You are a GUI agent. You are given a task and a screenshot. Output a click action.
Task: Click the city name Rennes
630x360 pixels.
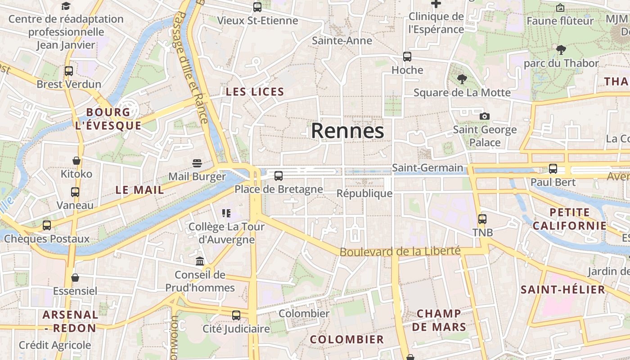(x=347, y=131)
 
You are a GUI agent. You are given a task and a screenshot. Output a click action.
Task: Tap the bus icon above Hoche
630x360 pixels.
(x=407, y=57)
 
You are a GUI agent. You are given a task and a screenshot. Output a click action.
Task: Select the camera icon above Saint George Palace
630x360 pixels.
(x=485, y=116)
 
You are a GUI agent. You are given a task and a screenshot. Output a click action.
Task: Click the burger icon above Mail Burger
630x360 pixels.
(x=197, y=163)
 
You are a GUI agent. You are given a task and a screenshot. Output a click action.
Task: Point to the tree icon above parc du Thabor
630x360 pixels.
(x=561, y=49)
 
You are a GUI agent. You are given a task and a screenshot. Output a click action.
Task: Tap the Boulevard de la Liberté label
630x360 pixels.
(x=400, y=251)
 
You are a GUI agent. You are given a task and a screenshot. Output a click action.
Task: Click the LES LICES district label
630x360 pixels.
(x=255, y=92)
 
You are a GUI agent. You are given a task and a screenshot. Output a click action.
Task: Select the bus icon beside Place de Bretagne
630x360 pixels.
(x=279, y=176)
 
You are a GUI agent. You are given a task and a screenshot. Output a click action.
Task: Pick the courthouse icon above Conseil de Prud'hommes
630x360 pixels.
(x=200, y=261)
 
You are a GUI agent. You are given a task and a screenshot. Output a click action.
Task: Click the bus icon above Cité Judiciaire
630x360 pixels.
(x=236, y=315)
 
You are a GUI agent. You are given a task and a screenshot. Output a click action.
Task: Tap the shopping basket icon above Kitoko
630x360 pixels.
(x=76, y=161)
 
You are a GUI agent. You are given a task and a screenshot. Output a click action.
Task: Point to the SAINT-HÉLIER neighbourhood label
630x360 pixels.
(x=563, y=289)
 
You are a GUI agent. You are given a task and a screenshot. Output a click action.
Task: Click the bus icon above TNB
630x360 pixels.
(x=482, y=219)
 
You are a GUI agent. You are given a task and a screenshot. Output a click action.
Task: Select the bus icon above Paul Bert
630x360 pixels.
(x=553, y=169)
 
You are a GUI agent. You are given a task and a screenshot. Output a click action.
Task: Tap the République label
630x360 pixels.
(x=364, y=193)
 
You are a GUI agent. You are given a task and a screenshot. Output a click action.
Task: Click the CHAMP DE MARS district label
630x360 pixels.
(x=439, y=320)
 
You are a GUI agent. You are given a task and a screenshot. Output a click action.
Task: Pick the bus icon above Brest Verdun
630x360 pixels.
(x=69, y=71)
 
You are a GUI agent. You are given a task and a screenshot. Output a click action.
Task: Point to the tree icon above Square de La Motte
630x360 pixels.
(x=462, y=80)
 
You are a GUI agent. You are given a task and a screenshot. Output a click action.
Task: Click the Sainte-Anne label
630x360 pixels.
(x=342, y=40)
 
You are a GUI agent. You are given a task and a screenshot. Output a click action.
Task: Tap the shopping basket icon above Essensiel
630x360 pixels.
(x=75, y=278)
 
